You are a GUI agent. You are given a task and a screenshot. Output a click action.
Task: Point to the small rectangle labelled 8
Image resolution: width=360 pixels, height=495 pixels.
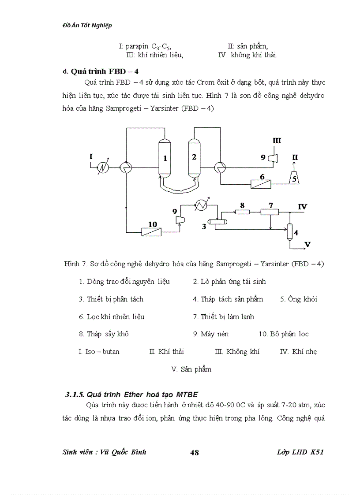[242, 212]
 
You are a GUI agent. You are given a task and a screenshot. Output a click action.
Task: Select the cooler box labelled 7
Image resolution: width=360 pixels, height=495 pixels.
[270, 212]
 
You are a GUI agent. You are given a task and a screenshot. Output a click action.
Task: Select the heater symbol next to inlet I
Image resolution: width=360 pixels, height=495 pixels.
[104, 167]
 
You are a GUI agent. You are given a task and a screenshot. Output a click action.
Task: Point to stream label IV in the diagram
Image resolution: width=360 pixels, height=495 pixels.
[302, 206]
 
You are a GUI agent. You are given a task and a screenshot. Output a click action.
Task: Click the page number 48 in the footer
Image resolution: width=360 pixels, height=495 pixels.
[194, 453]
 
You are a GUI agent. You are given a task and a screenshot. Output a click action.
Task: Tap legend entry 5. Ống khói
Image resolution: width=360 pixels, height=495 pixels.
[298, 299]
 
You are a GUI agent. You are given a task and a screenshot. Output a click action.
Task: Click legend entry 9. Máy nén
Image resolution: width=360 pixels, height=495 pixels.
[210, 334]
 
